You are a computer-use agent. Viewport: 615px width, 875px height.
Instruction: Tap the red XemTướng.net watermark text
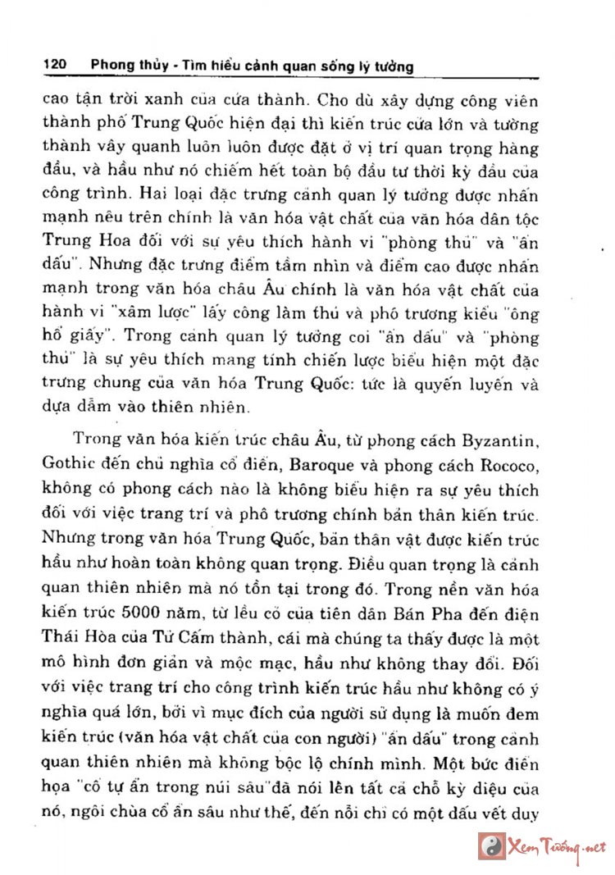pyautogui.click(x=558, y=846)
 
